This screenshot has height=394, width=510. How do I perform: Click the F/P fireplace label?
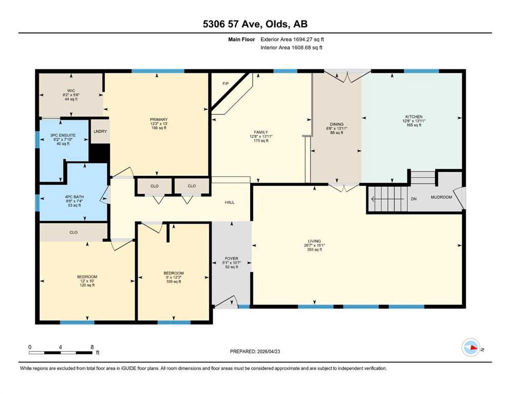pyautogui.click(x=225, y=84)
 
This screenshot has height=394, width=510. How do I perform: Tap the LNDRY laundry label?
pyautogui.click(x=100, y=131)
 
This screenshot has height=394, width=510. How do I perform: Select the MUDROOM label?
pyautogui.click(x=441, y=197)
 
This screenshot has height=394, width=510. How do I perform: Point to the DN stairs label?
pyautogui.click(x=414, y=199)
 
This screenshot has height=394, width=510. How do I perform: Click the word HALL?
pyautogui.click(x=230, y=202)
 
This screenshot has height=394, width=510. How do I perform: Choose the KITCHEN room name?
pyautogui.click(x=414, y=116)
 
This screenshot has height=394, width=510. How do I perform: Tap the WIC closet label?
pyautogui.click(x=71, y=91)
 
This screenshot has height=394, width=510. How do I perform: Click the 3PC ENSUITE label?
pyautogui.click(x=63, y=135)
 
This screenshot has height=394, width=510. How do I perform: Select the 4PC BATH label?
pyautogui.click(x=74, y=197)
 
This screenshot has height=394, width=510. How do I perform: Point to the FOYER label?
pyautogui.click(x=232, y=259)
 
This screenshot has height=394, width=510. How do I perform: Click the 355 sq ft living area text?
pyautogui.click(x=314, y=249)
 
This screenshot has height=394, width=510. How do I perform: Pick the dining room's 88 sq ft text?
pyautogui.click(x=336, y=132)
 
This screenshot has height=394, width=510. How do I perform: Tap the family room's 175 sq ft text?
pyautogui.click(x=261, y=141)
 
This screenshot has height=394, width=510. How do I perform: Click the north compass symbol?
pyautogui.click(x=471, y=347)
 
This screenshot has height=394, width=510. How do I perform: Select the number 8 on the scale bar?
pyautogui.click(x=92, y=347)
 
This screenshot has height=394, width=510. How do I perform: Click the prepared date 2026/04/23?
pyautogui.click(x=269, y=351)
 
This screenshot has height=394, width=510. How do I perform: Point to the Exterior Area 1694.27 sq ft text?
pyautogui.click(x=292, y=40)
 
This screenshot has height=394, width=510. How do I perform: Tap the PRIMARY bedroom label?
pyautogui.click(x=159, y=120)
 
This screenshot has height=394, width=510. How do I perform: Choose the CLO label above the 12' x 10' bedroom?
pyautogui.click(x=73, y=232)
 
